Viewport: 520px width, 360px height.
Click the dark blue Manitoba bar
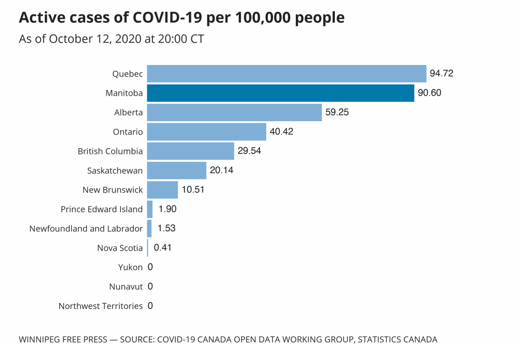click(x=280, y=93)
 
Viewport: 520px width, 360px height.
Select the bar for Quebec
click(x=287, y=73)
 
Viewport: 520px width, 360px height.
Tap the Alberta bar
click(x=234, y=112)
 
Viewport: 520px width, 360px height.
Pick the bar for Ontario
click(x=206, y=132)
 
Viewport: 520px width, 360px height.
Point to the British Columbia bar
click(x=190, y=151)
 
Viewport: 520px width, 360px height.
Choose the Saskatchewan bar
click(x=177, y=170)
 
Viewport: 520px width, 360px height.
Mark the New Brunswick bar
click(x=162, y=189)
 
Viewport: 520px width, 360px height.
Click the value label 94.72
click(x=441, y=73)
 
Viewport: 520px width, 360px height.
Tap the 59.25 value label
click(x=337, y=112)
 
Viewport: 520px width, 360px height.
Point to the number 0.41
click(x=163, y=248)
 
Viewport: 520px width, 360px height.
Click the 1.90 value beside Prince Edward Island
click(x=168, y=209)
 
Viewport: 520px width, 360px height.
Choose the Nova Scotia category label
click(x=120, y=248)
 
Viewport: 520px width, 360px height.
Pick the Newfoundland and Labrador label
click(x=86, y=228)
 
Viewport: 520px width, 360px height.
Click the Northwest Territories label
click(x=100, y=306)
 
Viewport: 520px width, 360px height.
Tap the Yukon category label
click(x=130, y=267)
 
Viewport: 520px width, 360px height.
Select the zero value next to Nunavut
click(x=150, y=287)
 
